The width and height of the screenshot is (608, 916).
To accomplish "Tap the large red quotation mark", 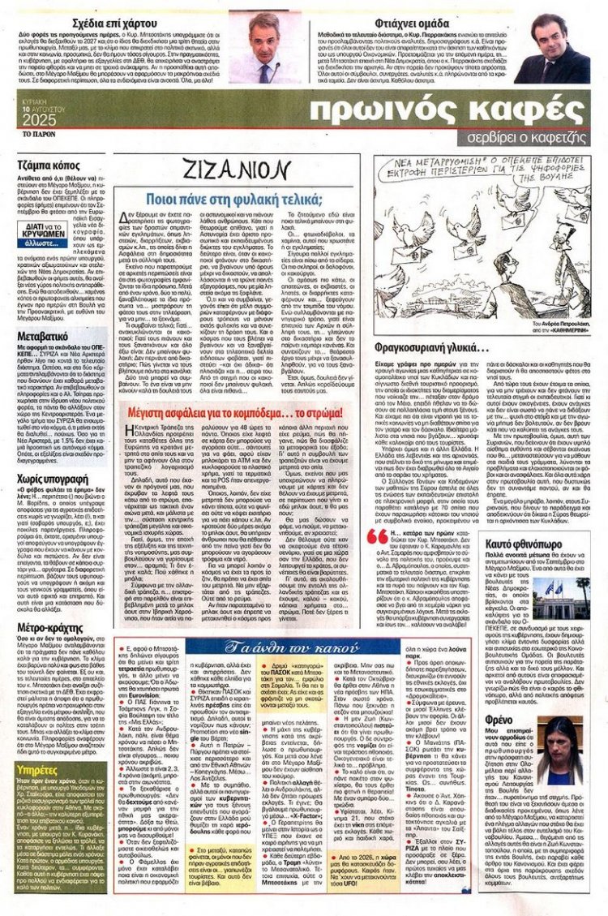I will pos(378,535).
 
